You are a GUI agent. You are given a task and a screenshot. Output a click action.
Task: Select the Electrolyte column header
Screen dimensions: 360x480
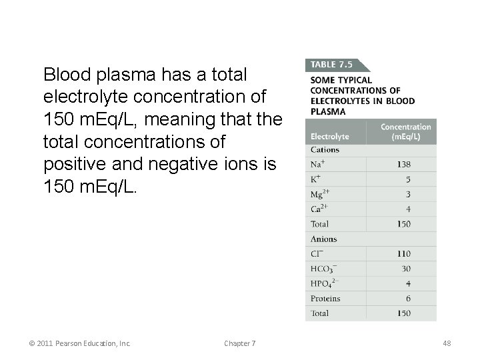pyautogui.click(x=329, y=136)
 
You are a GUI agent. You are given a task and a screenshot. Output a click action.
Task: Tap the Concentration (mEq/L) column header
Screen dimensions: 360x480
pyautogui.click(x=405, y=131)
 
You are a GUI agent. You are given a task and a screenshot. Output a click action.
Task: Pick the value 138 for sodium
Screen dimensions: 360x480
pyautogui.click(x=403, y=165)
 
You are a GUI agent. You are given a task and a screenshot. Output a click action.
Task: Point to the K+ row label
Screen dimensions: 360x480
pyautogui.click(x=316, y=179)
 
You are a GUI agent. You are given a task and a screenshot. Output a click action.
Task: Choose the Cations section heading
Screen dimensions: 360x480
pyautogui.click(x=325, y=150)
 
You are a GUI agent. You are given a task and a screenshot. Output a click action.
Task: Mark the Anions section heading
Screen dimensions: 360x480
pyautogui.click(x=323, y=239)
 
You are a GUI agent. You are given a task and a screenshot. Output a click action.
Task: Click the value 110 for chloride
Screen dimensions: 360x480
pyautogui.click(x=403, y=253)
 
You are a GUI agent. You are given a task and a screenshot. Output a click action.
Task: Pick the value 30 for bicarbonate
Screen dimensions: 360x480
pyautogui.click(x=406, y=269)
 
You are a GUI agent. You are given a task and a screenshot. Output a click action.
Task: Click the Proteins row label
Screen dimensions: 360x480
pyautogui.click(x=325, y=298)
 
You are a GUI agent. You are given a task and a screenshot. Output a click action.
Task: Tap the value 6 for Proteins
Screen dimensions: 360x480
pyautogui.click(x=408, y=298)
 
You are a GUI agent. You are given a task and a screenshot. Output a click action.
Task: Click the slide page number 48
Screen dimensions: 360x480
pyautogui.click(x=447, y=343)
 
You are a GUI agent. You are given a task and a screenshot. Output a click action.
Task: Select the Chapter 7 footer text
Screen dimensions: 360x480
pyautogui.click(x=240, y=343)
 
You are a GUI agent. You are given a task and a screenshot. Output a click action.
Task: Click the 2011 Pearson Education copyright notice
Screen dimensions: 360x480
pyautogui.click(x=80, y=343)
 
